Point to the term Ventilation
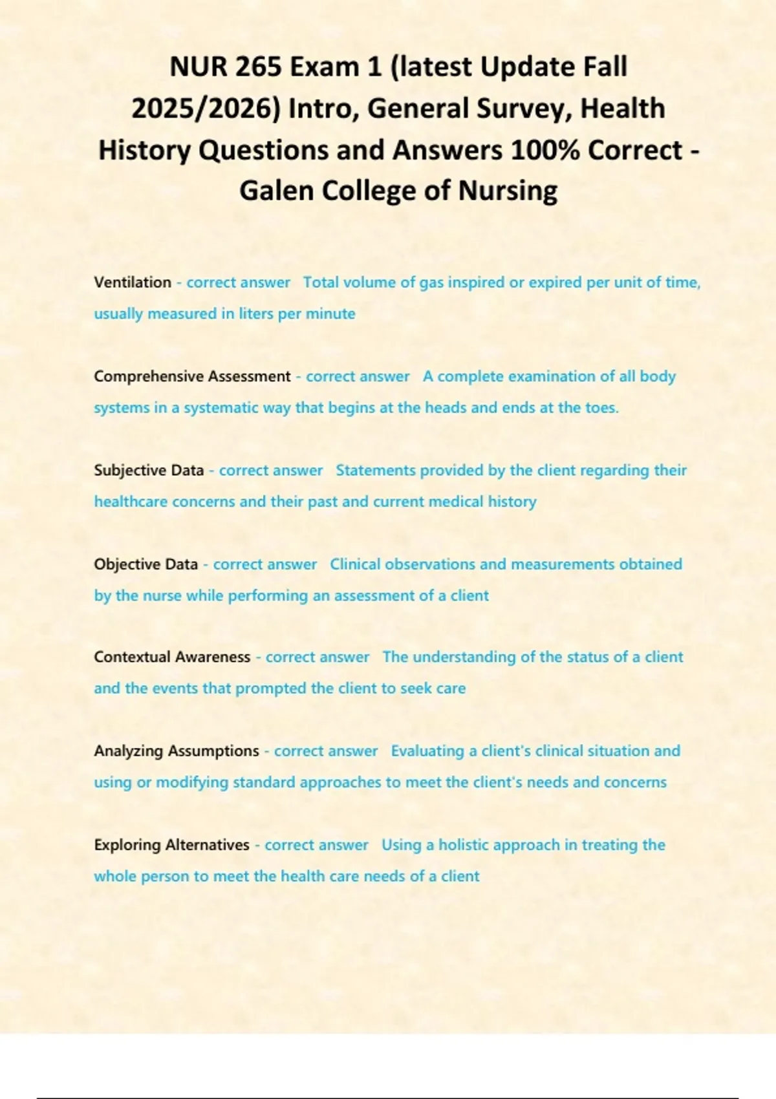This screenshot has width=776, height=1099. [133, 283]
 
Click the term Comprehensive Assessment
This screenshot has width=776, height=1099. [192, 376]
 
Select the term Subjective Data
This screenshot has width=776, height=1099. [149, 470]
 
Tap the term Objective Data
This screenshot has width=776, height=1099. [145, 564]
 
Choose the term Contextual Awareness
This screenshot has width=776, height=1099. [172, 657]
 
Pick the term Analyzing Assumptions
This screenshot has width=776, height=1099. [177, 751]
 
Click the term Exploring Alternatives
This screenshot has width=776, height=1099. [171, 845]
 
